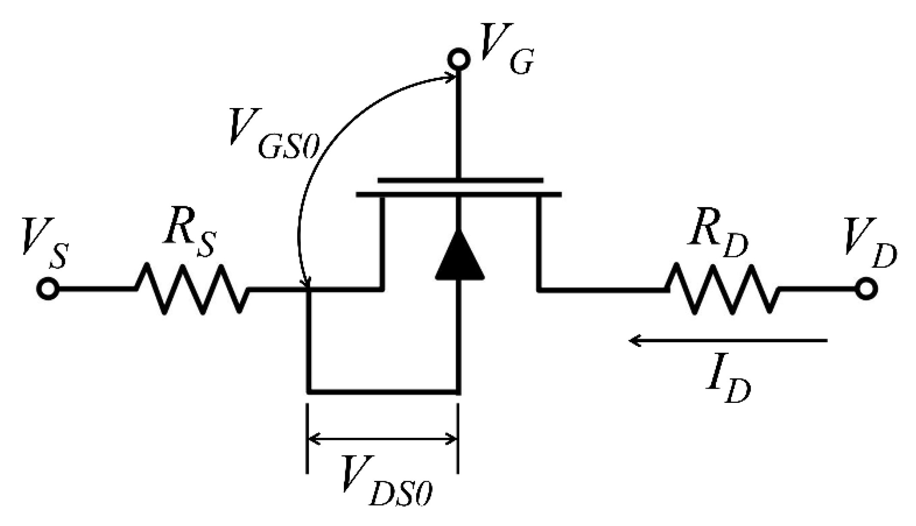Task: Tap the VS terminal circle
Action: (x=48, y=288)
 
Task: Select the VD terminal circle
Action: (x=866, y=288)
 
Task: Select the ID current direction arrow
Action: (x=727, y=341)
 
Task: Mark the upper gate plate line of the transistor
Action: (x=460, y=180)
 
